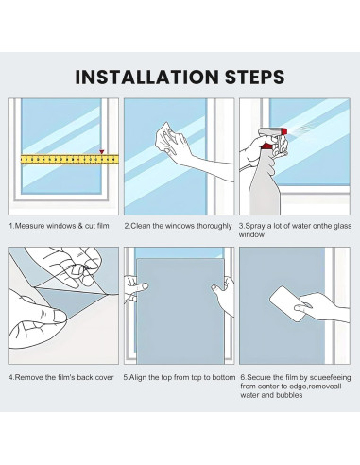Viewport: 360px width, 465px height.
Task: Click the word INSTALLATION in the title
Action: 146,77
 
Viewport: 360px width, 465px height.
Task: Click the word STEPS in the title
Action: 255,77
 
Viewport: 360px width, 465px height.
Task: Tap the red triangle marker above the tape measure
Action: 102,152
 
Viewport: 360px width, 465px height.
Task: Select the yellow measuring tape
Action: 70,159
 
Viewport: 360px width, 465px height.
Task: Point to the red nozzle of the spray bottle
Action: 283,131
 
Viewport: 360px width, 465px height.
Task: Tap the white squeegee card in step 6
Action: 289,303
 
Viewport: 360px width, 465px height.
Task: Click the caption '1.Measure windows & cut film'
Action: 59,226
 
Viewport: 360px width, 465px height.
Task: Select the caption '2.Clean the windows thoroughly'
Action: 178,226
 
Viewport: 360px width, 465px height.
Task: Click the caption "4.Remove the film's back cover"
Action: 61,377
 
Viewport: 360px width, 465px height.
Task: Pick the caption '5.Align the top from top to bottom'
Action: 180,377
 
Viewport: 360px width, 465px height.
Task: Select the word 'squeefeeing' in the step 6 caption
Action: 331,377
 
